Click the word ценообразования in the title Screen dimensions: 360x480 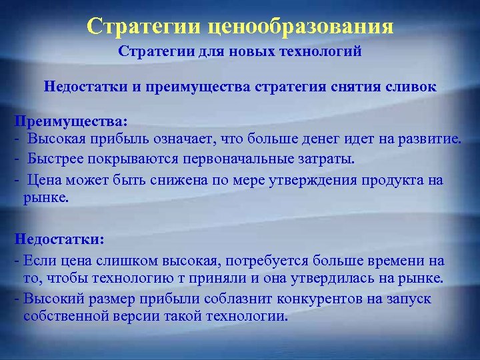pos(301,27)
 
